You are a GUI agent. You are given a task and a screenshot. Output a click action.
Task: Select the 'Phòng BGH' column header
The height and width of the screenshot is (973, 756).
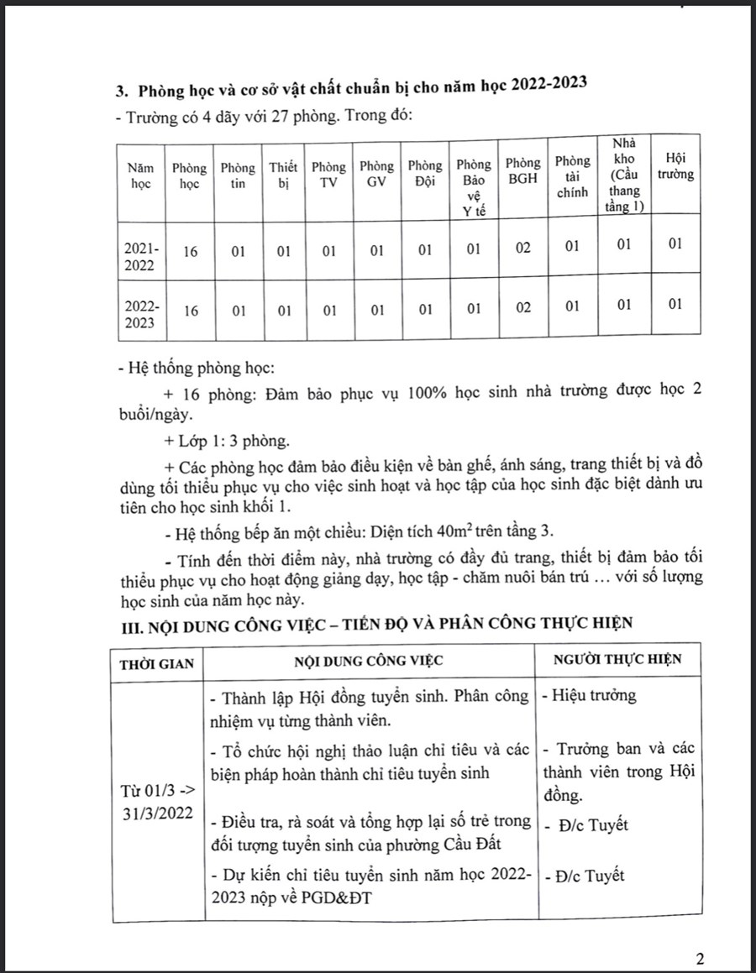pos(523,170)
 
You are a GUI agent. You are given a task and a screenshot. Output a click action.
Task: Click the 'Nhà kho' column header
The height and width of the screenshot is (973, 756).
pos(623,175)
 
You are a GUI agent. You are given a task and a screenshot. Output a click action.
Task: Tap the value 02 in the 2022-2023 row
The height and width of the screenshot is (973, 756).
pos(523,308)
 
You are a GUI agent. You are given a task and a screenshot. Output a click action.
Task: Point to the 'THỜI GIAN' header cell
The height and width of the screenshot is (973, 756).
pos(157,662)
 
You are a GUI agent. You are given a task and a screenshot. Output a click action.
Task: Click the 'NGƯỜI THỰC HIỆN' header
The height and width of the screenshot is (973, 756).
pos(617,660)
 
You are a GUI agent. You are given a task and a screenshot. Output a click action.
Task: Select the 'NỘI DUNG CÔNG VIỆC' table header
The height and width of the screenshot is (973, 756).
pos(369,661)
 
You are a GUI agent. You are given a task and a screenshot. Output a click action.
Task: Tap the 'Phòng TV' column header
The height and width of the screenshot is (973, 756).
pos(328,176)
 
